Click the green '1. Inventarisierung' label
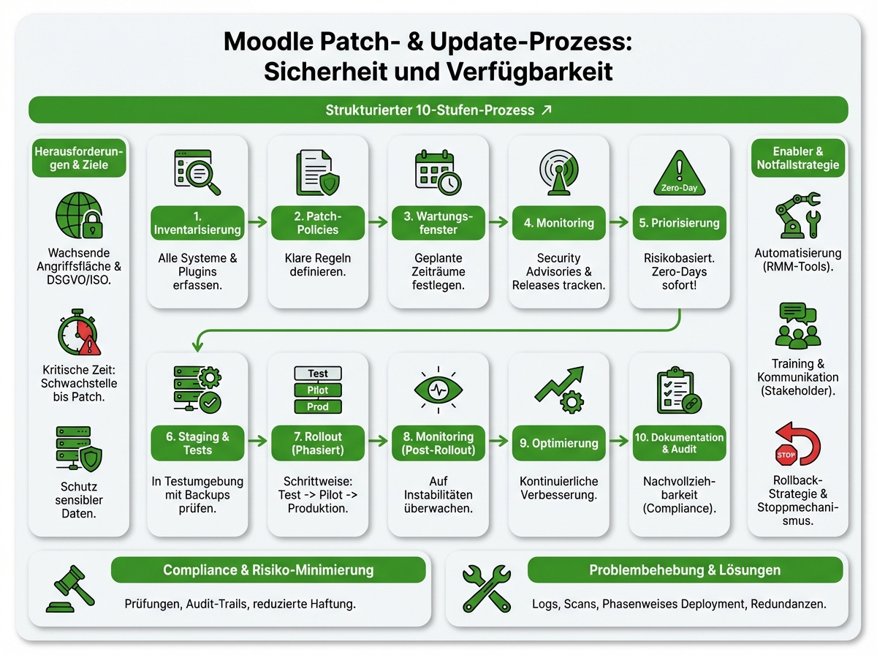pyautogui.click(x=197, y=223)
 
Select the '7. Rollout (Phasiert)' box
pyautogui.click(x=318, y=443)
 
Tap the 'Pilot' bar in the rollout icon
pyautogui.click(x=318, y=390)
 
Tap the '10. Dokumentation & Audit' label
pyautogui.click(x=680, y=443)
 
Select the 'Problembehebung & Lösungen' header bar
pyautogui.click(x=685, y=570)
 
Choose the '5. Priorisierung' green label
pyautogui.click(x=680, y=223)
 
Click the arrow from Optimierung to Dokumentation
pyautogui.click(x=619, y=442)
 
